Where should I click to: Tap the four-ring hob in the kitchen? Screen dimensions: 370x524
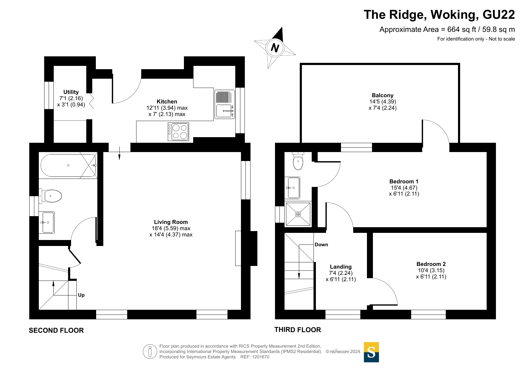pyautogui.click(x=178, y=132)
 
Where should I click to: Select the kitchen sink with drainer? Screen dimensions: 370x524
pyautogui.click(x=225, y=104)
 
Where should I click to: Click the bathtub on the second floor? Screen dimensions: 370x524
pyautogui.click(x=68, y=165)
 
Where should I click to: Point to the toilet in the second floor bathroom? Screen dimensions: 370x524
pyautogui.click(x=51, y=196)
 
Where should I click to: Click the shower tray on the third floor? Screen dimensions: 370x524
pyautogui.click(x=298, y=214)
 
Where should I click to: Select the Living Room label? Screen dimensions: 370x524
pyautogui.click(x=171, y=222)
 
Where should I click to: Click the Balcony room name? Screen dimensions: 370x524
pyautogui.click(x=382, y=95)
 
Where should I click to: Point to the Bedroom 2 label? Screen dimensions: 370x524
pyautogui.click(x=431, y=264)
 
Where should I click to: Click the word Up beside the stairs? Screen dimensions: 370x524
pyautogui.click(x=81, y=295)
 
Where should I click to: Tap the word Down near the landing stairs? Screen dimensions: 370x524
pyautogui.click(x=321, y=245)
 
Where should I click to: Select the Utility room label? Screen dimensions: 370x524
pyautogui.click(x=71, y=92)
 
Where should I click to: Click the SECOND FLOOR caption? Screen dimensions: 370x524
pyautogui.click(x=56, y=330)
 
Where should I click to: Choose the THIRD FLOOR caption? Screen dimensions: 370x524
pyautogui.click(x=298, y=330)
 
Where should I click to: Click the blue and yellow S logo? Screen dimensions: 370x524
pyautogui.click(x=371, y=352)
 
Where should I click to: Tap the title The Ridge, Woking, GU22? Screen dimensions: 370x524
pyautogui.click(x=439, y=15)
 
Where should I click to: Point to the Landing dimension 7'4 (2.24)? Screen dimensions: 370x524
pyautogui.click(x=341, y=273)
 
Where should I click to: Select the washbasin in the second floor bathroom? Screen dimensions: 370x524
pyautogui.click(x=47, y=222)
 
